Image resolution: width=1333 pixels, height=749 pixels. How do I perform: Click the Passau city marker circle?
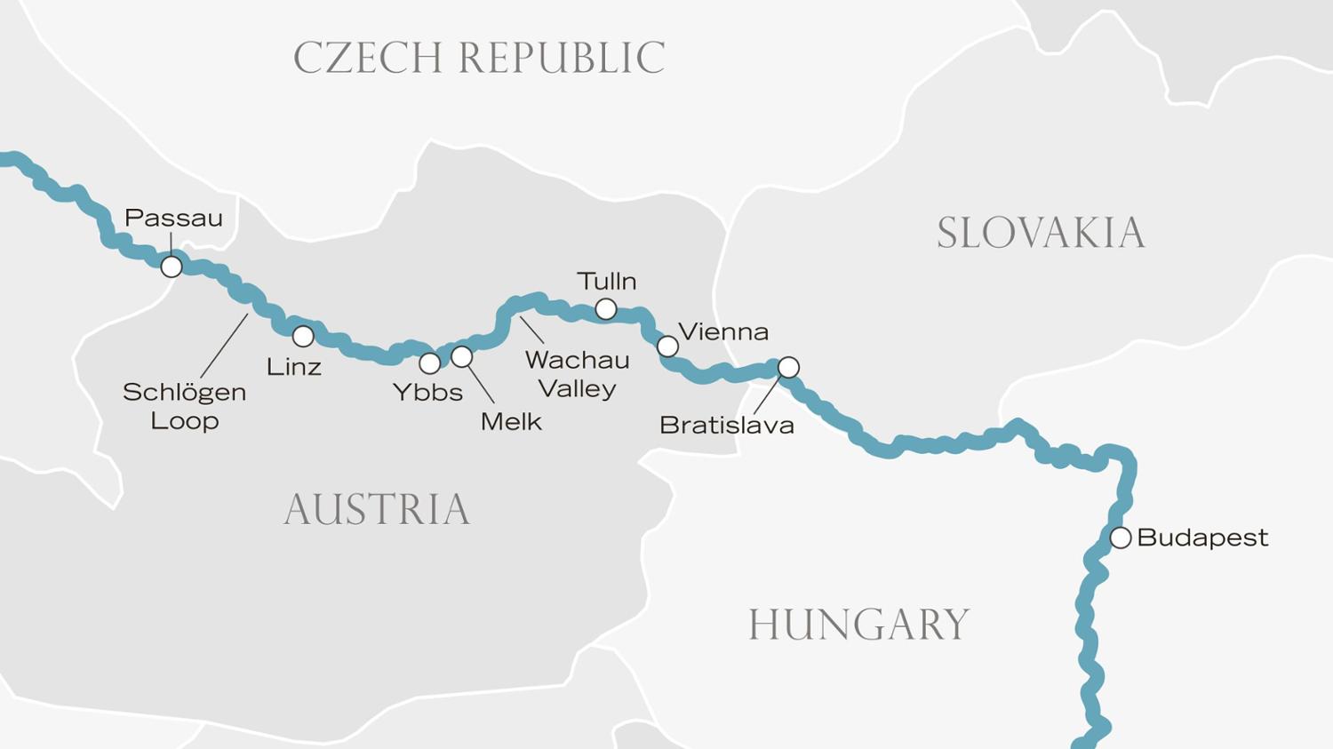tap(172, 266)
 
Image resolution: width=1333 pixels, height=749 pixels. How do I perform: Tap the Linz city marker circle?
tap(303, 336)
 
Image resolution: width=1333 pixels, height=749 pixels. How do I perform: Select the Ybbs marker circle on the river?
tap(429, 363)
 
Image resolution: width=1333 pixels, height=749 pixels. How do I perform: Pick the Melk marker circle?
tap(461, 356)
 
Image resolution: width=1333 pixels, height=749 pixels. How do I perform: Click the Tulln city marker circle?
tap(606, 308)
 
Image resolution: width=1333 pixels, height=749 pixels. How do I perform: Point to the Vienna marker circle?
tap(667, 346)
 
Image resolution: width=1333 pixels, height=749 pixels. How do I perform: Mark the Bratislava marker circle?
tap(788, 367)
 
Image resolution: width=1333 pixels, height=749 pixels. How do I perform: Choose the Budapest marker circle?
tap(1121, 538)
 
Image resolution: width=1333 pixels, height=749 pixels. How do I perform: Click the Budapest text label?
tap(1202, 538)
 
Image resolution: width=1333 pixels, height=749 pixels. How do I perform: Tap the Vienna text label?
tap(723, 331)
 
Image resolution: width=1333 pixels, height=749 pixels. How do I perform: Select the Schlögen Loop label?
tap(184, 406)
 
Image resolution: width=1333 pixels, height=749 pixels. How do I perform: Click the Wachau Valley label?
tap(578, 374)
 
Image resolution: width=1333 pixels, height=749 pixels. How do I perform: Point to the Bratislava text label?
tap(726, 425)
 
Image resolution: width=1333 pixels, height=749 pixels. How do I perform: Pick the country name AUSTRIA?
tap(376, 509)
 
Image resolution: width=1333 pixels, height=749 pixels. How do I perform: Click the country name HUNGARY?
tap(858, 624)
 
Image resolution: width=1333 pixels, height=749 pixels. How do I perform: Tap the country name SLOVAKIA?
tap(1041, 233)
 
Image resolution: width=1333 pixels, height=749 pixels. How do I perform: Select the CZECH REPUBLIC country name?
tap(479, 58)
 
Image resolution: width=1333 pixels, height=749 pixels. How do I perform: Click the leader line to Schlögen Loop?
tap(224, 346)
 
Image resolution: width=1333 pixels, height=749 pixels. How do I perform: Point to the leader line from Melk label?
tap(481, 384)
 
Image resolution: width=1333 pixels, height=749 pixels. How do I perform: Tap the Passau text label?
tap(173, 218)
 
